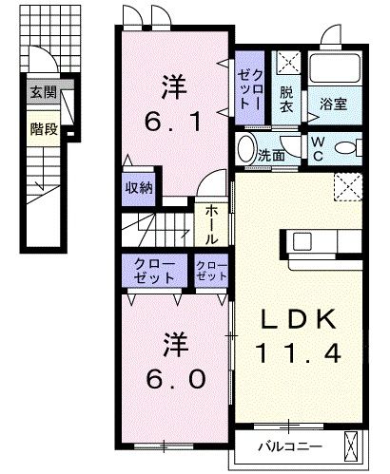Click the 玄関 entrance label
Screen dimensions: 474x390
click(42, 92)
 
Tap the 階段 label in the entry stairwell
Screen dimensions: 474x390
click(42, 128)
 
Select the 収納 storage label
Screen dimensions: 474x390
click(140, 188)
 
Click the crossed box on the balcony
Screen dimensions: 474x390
click(351, 445)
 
